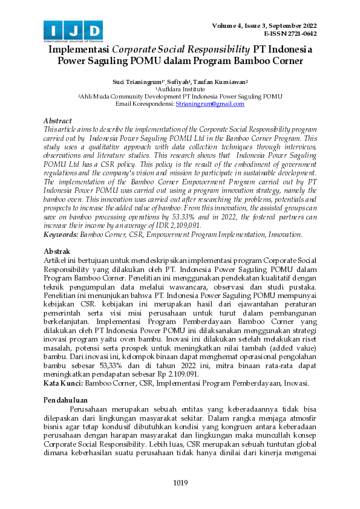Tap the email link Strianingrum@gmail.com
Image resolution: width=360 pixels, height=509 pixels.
point(210,104)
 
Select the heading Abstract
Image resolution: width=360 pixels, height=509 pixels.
point(58,121)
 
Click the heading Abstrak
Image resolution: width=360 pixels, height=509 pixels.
point(57,250)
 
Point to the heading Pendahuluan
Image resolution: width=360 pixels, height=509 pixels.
point(67,400)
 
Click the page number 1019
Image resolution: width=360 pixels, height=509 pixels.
point(180,482)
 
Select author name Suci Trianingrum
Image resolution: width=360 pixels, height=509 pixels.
point(134,80)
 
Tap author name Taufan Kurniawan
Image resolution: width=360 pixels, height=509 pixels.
point(223,80)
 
